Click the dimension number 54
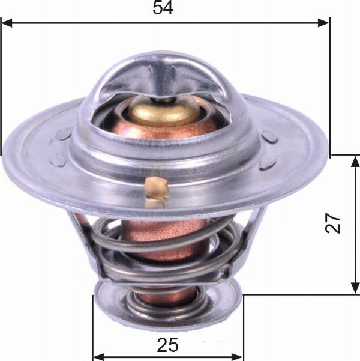click(163, 8)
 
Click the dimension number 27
click(332, 223)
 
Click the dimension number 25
click(167, 345)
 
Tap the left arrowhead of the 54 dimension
click(7, 23)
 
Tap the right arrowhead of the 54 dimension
click(323, 23)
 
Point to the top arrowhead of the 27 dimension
click(356, 161)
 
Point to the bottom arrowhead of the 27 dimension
click(356, 288)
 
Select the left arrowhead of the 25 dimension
click(98, 357)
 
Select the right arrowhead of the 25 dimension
click(237, 357)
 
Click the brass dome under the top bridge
click(163, 113)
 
